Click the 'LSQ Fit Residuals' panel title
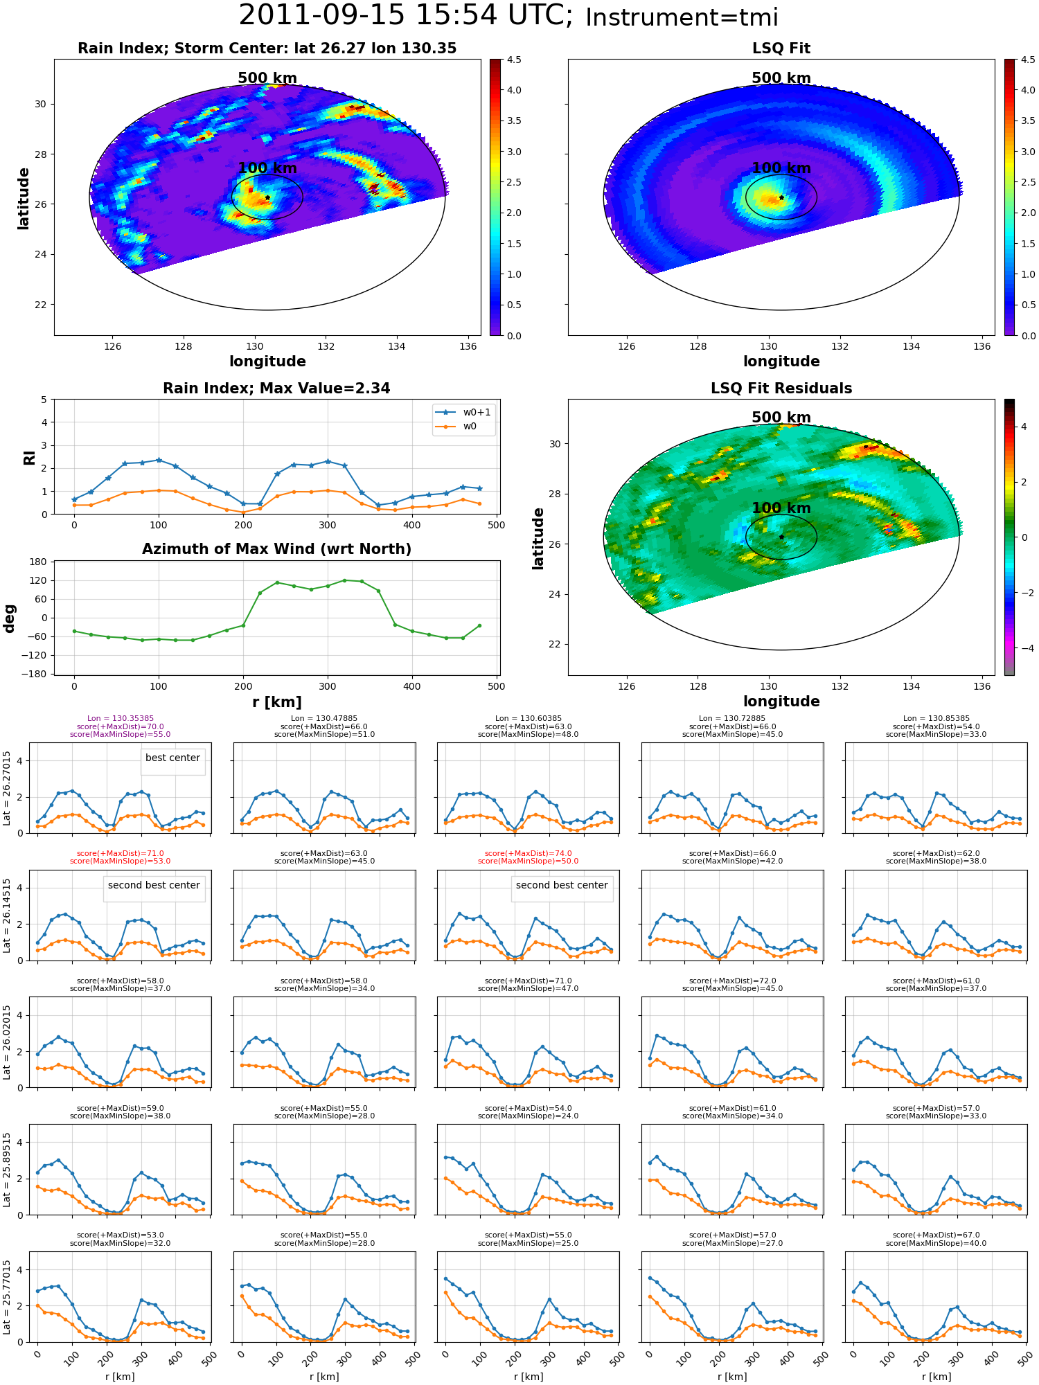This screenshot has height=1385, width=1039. click(x=781, y=388)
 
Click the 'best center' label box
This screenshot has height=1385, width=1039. click(x=172, y=758)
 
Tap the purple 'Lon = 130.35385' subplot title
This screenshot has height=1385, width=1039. click(x=121, y=719)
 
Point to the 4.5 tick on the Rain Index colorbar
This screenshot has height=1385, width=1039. click(x=514, y=60)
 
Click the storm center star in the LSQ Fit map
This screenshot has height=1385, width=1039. click(x=781, y=197)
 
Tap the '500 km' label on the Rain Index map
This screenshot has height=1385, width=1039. click(x=267, y=78)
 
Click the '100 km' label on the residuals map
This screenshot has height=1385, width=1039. click(x=781, y=508)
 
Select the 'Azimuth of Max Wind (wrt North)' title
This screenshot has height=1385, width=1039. click(x=276, y=549)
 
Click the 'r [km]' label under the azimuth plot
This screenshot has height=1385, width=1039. click(x=276, y=702)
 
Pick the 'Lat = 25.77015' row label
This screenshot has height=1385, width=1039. click(x=7, y=1297)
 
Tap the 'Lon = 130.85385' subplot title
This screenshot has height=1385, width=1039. click(x=936, y=719)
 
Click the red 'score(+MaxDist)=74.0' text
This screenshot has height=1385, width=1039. click(x=528, y=854)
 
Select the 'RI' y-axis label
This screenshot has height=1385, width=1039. click(x=29, y=457)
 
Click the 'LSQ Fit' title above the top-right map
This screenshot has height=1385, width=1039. click(x=781, y=48)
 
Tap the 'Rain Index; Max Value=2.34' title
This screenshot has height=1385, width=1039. click(x=276, y=388)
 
